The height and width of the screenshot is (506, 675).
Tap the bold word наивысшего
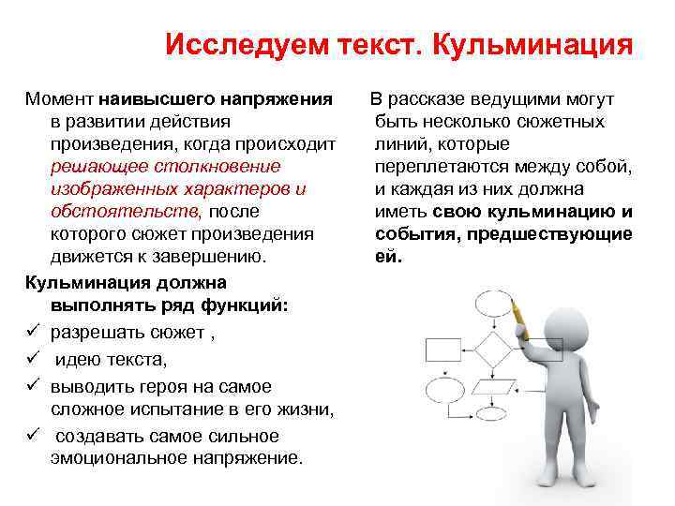tap(160, 98)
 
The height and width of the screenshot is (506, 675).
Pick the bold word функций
tap(247, 305)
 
